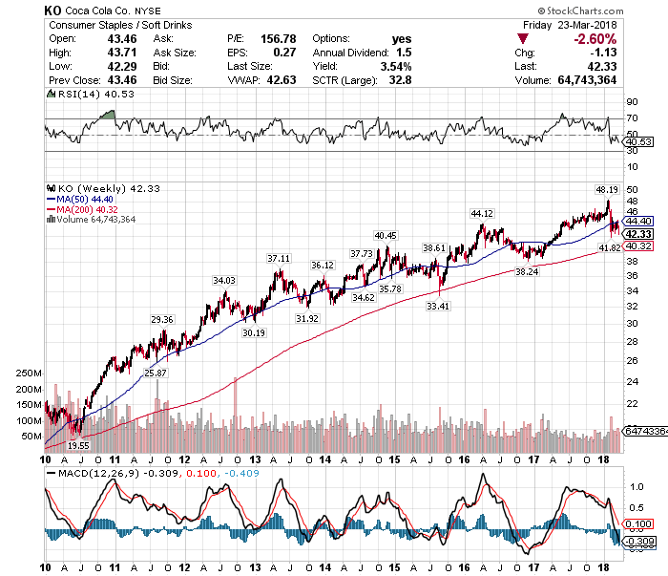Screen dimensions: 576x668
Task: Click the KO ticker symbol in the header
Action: tap(52, 9)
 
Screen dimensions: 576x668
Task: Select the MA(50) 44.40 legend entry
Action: tap(84, 199)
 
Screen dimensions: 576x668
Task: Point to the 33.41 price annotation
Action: tap(438, 306)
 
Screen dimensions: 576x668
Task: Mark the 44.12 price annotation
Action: tap(482, 213)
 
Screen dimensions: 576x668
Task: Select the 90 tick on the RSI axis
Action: tap(631, 100)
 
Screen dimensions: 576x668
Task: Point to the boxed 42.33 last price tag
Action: tap(637, 233)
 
